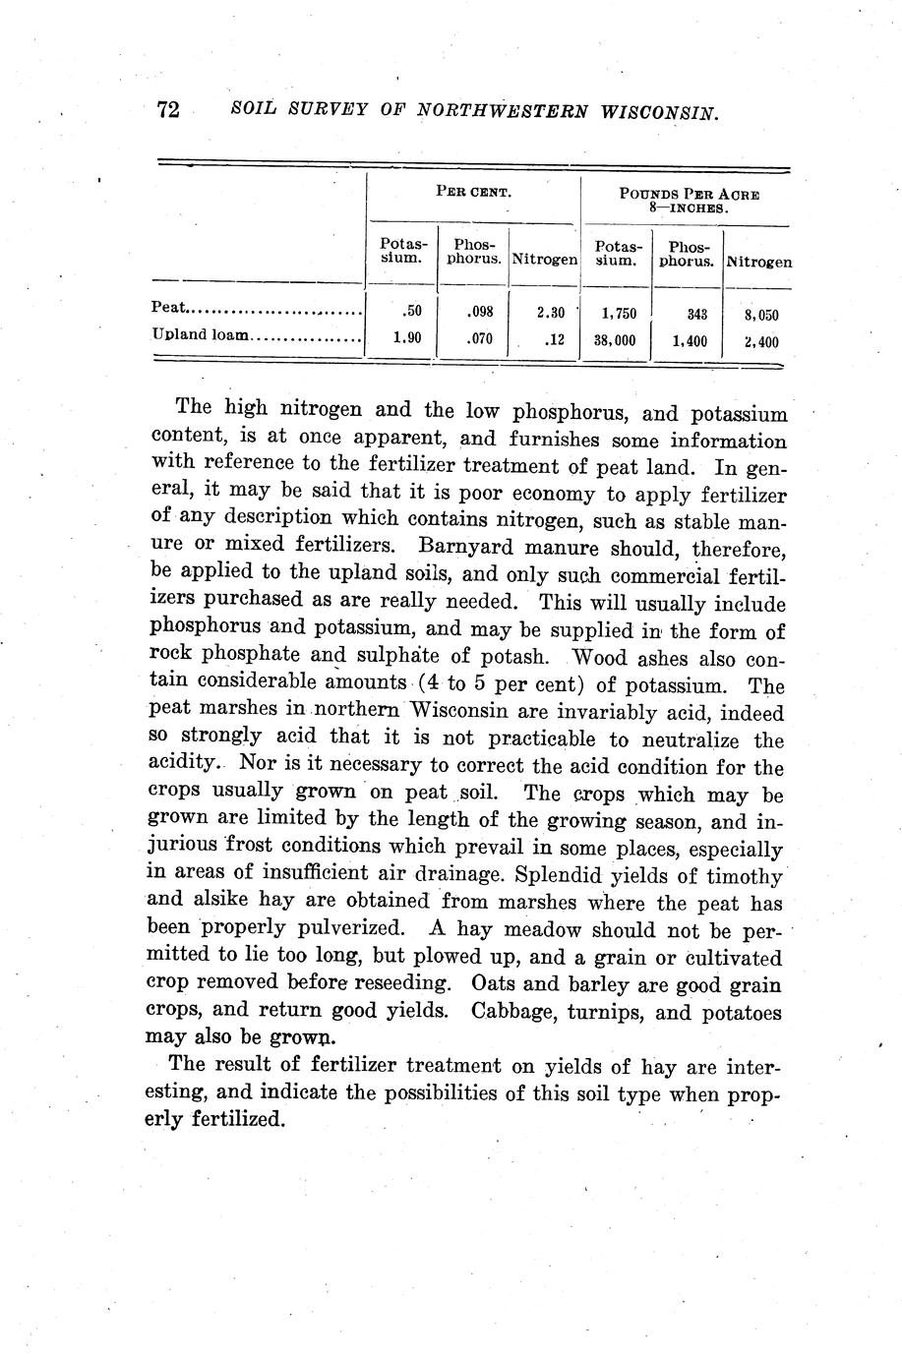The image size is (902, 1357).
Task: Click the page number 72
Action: pos(168,110)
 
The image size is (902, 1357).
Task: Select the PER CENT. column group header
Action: pos(473,192)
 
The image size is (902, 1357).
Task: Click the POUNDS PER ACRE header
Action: pos(689,194)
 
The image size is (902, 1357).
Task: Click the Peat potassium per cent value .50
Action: pos(413,312)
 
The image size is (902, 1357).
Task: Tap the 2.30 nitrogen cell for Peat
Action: pos(550,312)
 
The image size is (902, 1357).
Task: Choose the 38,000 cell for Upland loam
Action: pos(614,340)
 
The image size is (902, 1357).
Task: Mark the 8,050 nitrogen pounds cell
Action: pos(761,315)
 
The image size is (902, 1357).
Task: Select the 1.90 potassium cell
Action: pos(407,338)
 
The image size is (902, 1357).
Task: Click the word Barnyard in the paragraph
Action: pos(462,545)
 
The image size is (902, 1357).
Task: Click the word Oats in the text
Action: pos(493,983)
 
